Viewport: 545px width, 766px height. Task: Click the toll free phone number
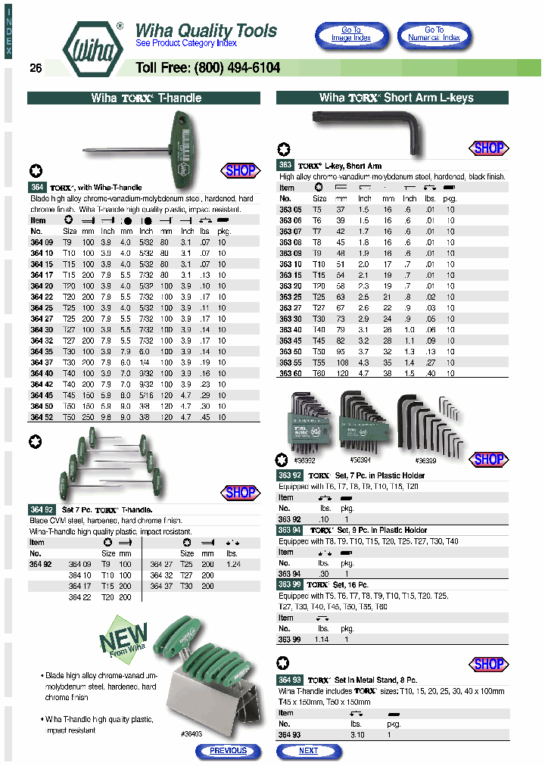pyautogui.click(x=207, y=68)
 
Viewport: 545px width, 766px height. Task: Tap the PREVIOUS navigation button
pyautogui.click(x=228, y=751)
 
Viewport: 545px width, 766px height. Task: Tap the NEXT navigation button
pyautogui.click(x=309, y=751)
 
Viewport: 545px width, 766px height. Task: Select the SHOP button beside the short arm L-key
pyautogui.click(x=488, y=148)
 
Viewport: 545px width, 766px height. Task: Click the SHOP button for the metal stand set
pyautogui.click(x=488, y=664)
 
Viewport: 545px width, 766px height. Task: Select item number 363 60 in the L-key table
pyautogui.click(x=290, y=373)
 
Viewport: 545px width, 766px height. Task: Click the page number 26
pyautogui.click(x=36, y=68)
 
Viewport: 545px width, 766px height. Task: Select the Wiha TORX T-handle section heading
pyautogui.click(x=144, y=98)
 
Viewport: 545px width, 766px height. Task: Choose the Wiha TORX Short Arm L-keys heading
pyautogui.click(x=392, y=98)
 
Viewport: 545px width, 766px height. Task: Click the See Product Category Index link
pyautogui.click(x=186, y=44)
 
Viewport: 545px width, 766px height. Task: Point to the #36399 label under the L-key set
pyautogui.click(x=428, y=459)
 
